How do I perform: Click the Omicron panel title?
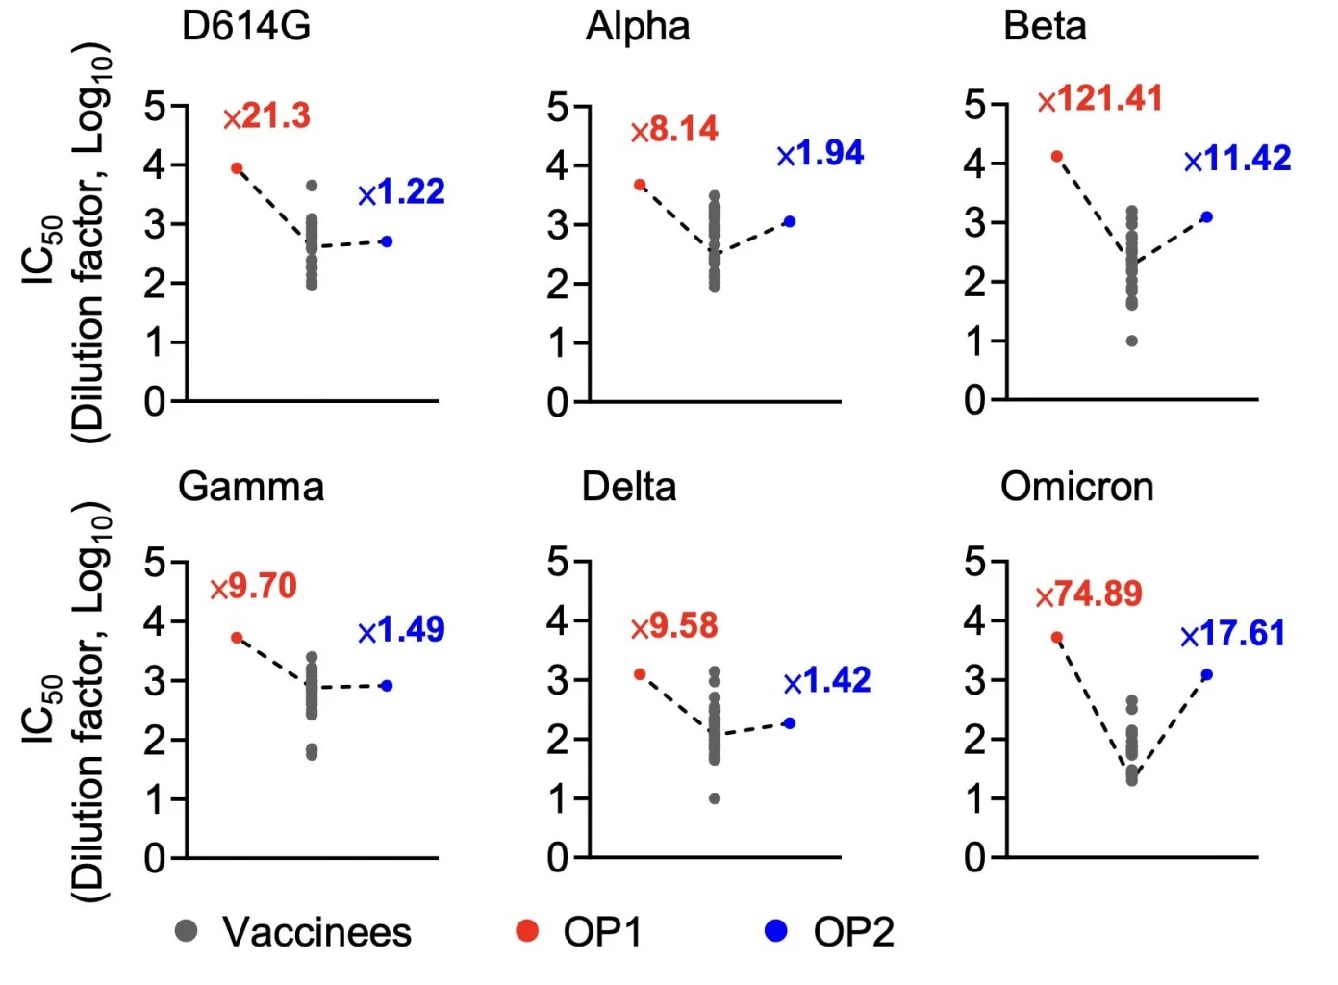click(1076, 487)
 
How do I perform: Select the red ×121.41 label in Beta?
click(1100, 99)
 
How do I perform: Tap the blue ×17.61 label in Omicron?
click(1232, 634)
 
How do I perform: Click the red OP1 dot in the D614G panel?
click(237, 168)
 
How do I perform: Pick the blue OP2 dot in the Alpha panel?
click(790, 221)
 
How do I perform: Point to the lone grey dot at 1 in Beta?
click(1132, 341)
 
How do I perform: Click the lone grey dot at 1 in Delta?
click(715, 798)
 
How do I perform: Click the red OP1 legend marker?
click(526, 930)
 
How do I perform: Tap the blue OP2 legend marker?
click(775, 930)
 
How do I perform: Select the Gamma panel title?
click(251, 487)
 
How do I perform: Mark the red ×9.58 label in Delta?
click(674, 626)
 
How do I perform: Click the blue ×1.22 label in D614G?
click(402, 192)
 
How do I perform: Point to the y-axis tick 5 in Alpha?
click(558, 106)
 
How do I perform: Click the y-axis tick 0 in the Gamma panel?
click(155, 858)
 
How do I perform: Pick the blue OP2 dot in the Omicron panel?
click(1207, 674)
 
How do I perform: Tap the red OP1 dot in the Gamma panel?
click(237, 637)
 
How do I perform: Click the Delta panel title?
click(629, 487)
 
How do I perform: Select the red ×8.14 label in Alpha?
click(674, 130)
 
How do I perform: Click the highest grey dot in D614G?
click(312, 186)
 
